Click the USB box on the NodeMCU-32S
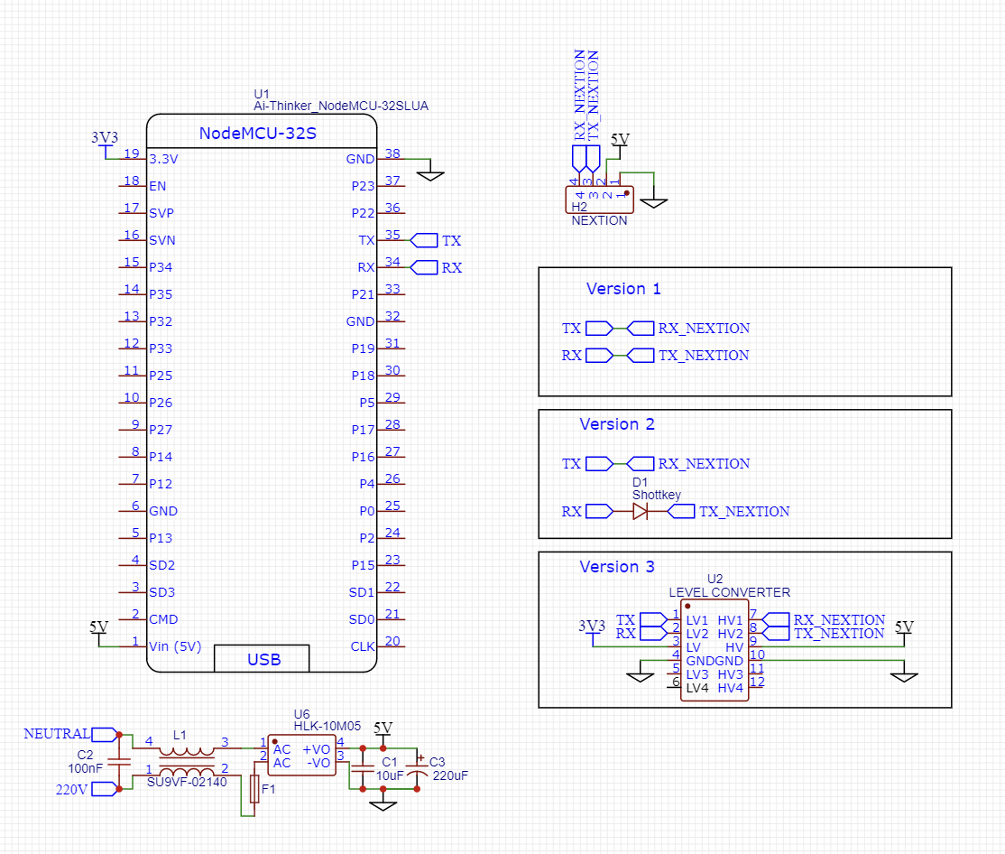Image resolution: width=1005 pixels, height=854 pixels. (262, 659)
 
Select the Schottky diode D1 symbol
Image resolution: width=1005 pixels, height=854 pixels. (640, 512)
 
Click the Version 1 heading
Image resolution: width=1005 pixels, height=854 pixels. (623, 289)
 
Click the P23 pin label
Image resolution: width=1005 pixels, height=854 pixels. (363, 187)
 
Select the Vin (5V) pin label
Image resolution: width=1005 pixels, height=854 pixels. (175, 646)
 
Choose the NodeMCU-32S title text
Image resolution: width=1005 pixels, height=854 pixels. (257, 134)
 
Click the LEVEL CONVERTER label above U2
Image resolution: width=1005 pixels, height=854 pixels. (729, 592)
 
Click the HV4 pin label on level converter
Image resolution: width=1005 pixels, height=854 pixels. (730, 688)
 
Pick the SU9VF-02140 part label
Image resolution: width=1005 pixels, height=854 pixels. (187, 782)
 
